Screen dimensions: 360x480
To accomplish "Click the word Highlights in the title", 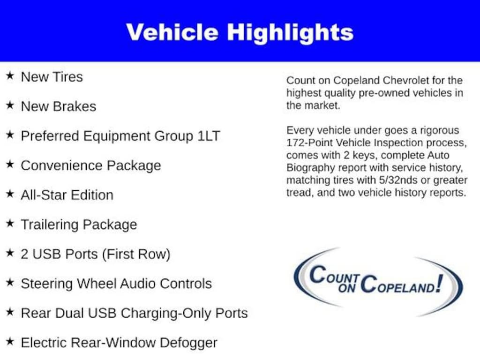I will click(x=290, y=32).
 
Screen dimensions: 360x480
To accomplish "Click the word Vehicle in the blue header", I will click(x=172, y=32).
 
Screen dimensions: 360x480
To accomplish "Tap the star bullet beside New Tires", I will click(x=10, y=76).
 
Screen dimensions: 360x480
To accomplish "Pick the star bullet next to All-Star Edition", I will click(x=10, y=194).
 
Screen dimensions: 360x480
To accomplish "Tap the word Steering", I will click(x=47, y=284).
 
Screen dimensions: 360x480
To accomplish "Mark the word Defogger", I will click(x=189, y=343).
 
